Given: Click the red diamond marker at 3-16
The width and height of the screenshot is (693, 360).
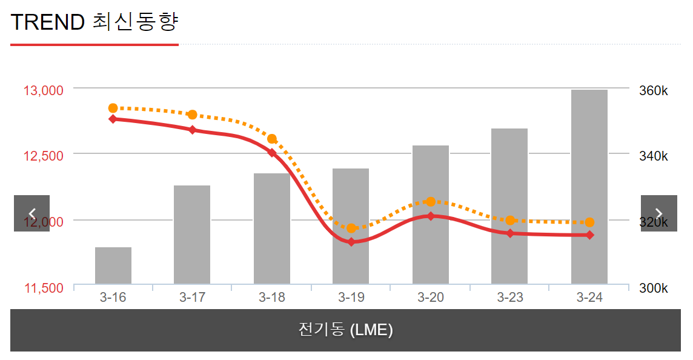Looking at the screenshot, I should pos(113,119).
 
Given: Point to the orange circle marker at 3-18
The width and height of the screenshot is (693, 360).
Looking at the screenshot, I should pos(272,139).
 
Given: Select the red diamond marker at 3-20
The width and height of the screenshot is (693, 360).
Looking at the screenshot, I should pos(431,216).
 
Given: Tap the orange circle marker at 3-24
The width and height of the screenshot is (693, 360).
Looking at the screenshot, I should pos(589,222).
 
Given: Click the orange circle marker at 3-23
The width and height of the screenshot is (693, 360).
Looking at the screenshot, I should pos(510,220).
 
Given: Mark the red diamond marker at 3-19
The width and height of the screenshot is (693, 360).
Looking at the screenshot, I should pos(351,242).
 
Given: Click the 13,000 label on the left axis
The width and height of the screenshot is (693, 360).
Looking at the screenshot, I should pos(44,91).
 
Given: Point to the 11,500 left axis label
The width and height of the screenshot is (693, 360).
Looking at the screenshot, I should pos(44,288).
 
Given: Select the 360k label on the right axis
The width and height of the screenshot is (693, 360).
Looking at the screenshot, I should pos(654,91).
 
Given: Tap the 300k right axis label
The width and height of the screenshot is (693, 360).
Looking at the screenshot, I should pos(654,288).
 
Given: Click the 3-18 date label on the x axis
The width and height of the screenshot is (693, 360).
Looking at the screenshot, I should pos(271,298).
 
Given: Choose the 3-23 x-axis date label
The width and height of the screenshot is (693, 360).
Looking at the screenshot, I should pos(510,298).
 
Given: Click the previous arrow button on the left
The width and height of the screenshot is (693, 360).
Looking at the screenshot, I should pos(32,213).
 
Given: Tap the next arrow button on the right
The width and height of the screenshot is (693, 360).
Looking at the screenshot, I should pos(659,213).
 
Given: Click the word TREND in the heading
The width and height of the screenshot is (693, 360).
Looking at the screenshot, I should pos(48,22).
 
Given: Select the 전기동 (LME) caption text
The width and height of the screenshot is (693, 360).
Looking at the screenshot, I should pos(346,330).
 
